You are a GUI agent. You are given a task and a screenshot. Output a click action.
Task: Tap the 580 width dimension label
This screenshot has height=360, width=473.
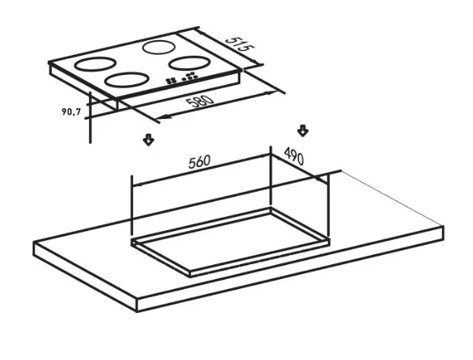pyautogui.click(x=200, y=101)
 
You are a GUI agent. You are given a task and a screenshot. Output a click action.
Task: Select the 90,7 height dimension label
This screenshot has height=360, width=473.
pyautogui.click(x=71, y=111)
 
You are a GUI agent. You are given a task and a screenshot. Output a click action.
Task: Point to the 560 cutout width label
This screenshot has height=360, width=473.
pyautogui.click(x=199, y=161)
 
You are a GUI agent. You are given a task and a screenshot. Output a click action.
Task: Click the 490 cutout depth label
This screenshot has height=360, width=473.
pyautogui.click(x=294, y=155)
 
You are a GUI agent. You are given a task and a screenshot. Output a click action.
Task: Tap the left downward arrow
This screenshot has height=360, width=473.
pyautogui.click(x=148, y=139)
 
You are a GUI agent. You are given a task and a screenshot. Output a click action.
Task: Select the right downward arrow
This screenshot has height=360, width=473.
pyautogui.click(x=302, y=131)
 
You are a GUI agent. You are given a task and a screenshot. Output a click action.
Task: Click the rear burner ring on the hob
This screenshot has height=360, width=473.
pyautogui.click(x=158, y=47)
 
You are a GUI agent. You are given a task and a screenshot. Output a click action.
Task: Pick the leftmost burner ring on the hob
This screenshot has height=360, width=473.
pyautogui.click(x=95, y=64)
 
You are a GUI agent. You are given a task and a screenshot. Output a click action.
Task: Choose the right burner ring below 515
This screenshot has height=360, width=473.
pyautogui.click(x=189, y=63)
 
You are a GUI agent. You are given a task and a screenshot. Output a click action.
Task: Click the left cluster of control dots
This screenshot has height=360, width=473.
pyautogui.click(x=171, y=80)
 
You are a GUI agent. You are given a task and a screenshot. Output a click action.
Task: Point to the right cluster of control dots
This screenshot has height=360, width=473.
pyautogui.click(x=190, y=76)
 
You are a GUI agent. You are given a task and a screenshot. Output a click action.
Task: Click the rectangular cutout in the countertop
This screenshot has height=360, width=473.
pyautogui.click(x=230, y=241)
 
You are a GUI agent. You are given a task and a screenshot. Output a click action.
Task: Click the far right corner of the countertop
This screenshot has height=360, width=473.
pyautogui.click(x=443, y=226)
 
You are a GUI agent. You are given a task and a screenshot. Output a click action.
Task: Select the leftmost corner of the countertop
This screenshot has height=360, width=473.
pyautogui.click(x=34, y=243)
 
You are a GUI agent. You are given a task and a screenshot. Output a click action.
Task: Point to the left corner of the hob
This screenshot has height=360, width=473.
pyautogui.click(x=49, y=63)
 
